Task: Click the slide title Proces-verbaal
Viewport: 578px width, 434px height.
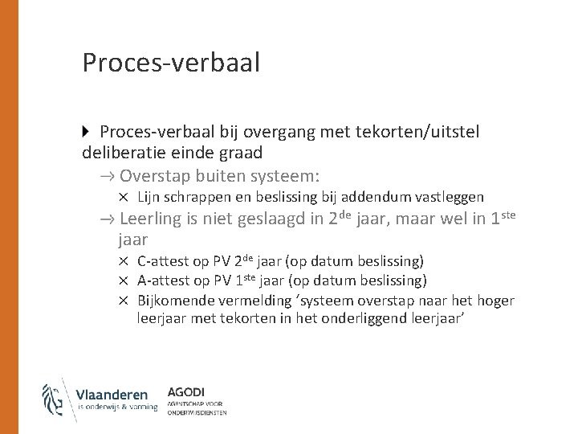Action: point(171,63)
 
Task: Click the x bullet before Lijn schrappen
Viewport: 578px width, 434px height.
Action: point(125,197)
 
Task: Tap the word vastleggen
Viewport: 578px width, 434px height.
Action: point(448,197)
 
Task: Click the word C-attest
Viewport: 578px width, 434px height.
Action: point(163,261)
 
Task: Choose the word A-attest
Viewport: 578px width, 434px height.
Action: point(163,280)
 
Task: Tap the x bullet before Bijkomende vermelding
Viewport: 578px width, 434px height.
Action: point(125,301)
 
